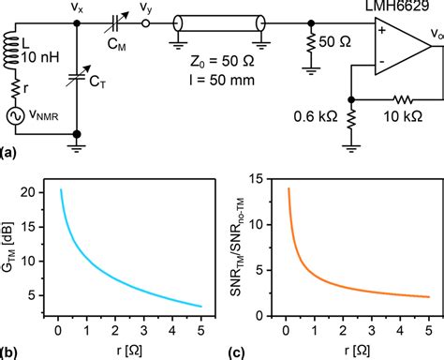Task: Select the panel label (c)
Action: (243, 351)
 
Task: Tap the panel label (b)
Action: (10, 351)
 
